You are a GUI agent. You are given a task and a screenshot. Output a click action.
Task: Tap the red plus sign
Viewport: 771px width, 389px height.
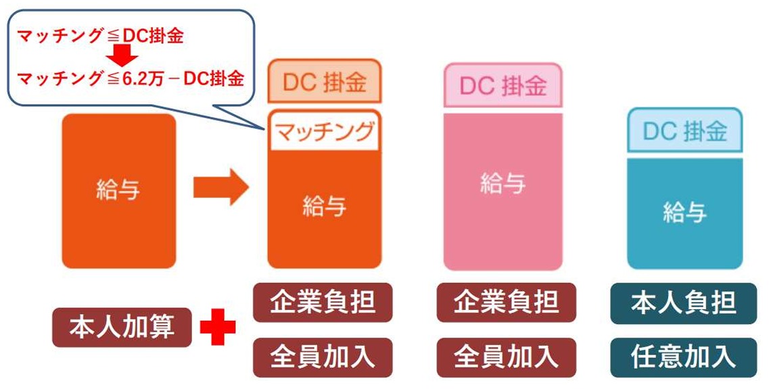pyautogui.click(x=218, y=328)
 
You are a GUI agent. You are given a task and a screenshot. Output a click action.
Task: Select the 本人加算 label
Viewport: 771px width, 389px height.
pyautogui.click(x=122, y=328)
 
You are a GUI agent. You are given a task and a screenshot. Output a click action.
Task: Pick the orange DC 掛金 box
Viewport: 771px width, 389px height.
pyautogui.click(x=325, y=84)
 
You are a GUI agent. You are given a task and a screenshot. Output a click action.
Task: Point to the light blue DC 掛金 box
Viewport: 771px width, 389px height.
pyautogui.click(x=684, y=131)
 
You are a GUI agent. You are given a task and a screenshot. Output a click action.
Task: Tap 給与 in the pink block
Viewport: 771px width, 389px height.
pyautogui.click(x=503, y=183)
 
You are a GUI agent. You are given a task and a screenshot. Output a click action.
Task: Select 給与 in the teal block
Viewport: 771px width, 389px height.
pyautogui.click(x=684, y=213)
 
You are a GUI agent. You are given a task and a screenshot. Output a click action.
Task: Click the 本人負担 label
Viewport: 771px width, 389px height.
pyautogui.click(x=684, y=303)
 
